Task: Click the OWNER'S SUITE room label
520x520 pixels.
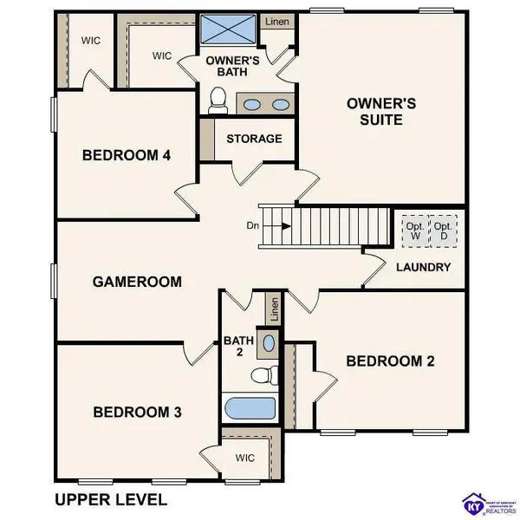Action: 380,111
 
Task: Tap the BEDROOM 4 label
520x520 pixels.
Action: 126,155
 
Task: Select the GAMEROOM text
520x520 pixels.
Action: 138,281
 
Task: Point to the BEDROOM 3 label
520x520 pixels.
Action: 137,412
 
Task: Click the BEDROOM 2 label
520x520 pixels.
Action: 390,361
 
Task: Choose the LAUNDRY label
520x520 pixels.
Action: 425,267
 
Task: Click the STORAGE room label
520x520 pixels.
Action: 254,139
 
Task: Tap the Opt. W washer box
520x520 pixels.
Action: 415,231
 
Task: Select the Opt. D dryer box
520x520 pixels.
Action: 445,231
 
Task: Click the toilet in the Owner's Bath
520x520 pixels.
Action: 219,101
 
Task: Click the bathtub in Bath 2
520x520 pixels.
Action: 250,407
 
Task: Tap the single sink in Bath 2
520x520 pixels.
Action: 269,343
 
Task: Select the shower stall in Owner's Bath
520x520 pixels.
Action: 229,31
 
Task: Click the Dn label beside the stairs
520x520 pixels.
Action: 252,226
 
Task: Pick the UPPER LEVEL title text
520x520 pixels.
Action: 110,499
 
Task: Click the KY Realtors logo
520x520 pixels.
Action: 486,501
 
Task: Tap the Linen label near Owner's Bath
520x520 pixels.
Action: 276,22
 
